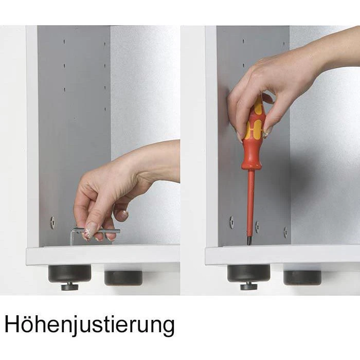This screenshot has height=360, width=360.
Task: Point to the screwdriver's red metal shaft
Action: click(x=251, y=204)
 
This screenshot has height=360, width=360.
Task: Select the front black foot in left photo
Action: click(x=69, y=274)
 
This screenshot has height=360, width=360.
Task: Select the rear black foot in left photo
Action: click(x=123, y=278)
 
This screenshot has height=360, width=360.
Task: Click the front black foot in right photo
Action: click(x=248, y=273)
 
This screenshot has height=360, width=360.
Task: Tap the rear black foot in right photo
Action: click(x=302, y=278)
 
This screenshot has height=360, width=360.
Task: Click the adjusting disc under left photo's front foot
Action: click(x=70, y=287)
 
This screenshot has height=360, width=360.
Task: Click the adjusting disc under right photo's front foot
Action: click(x=249, y=286)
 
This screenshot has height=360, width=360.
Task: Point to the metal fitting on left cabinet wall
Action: click(x=52, y=223)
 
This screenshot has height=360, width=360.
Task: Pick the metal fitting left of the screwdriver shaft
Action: click(x=231, y=222)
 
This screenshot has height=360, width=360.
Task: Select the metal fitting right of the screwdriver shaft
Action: click(x=257, y=227)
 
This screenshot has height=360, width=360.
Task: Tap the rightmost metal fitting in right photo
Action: click(x=285, y=232)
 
